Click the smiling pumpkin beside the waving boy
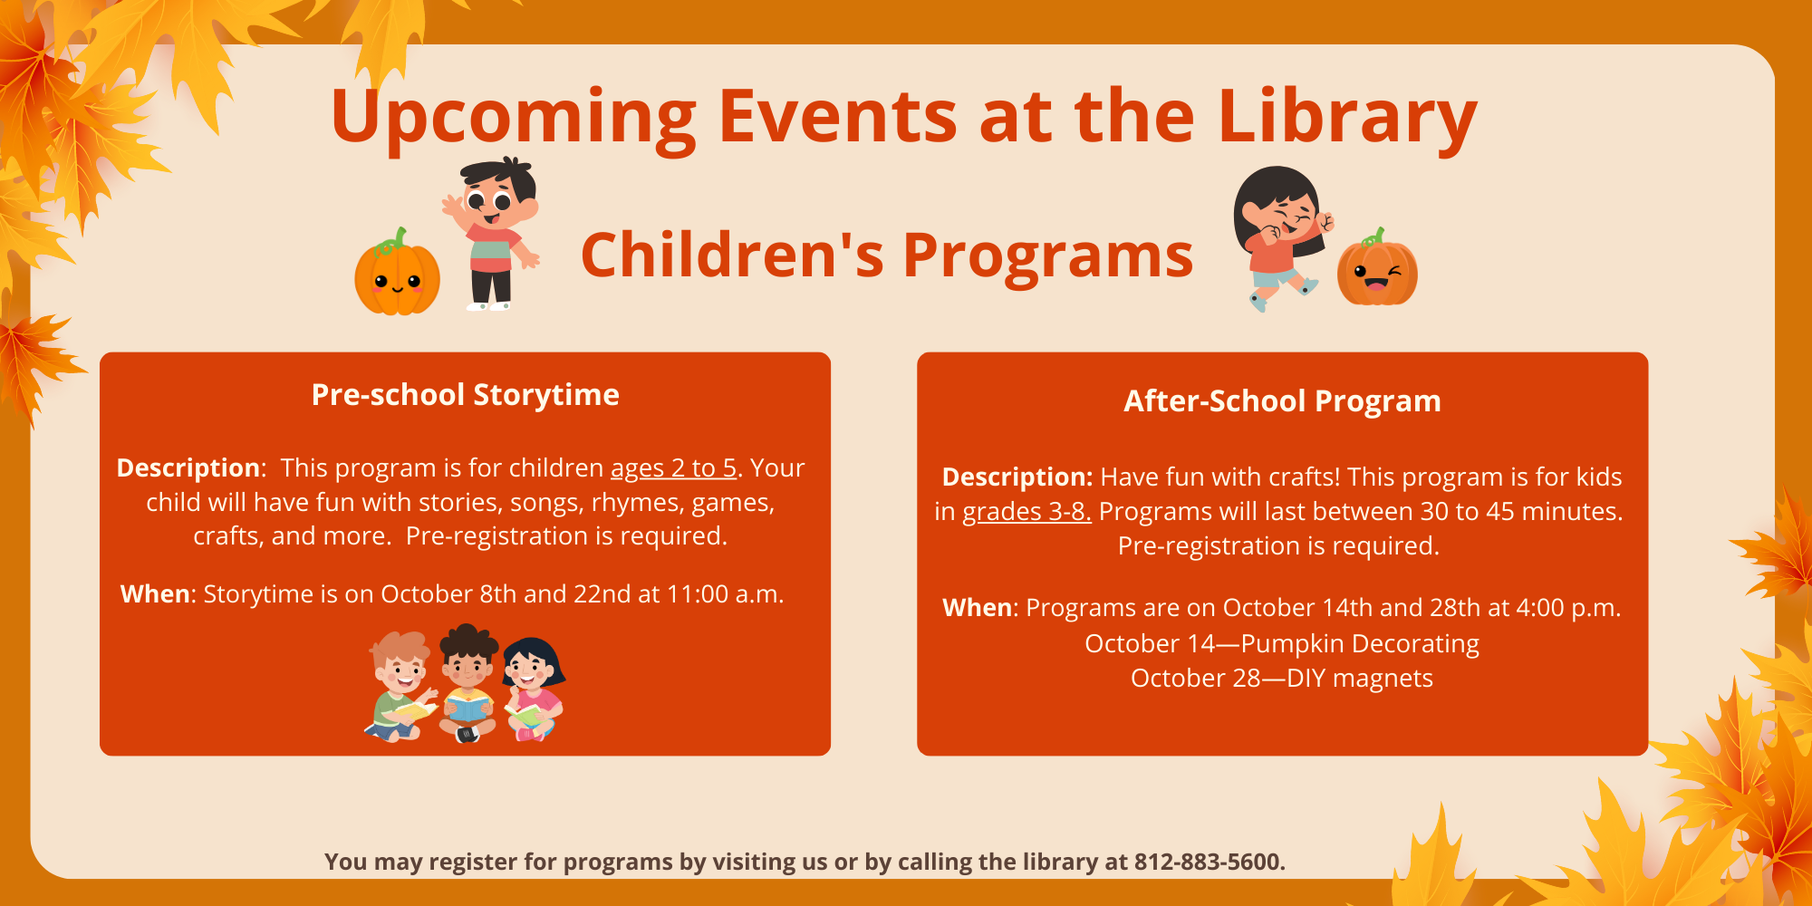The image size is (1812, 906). click(397, 272)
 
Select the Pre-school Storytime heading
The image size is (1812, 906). click(465, 395)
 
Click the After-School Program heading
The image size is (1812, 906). click(1282, 400)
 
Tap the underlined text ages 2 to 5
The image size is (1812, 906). click(673, 467)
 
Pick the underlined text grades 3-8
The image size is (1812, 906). click(1026, 511)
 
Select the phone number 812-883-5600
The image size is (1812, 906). click(1210, 862)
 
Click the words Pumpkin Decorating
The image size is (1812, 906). click(1360, 643)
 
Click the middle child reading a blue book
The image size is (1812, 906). click(467, 683)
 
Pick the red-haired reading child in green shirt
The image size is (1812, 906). click(400, 687)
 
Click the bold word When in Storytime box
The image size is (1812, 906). click(155, 593)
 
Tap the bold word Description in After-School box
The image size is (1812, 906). click(1017, 477)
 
